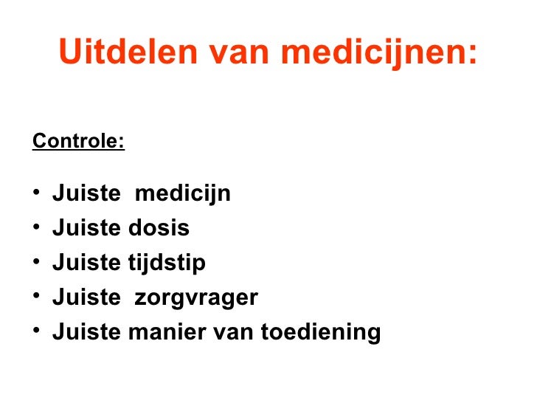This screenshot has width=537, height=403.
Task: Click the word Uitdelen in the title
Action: [x=126, y=52]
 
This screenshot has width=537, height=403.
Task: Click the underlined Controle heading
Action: [x=78, y=140]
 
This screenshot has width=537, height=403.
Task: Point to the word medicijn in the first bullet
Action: [x=183, y=194]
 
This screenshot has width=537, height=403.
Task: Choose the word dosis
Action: [x=159, y=229]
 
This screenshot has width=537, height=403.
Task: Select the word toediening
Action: [x=321, y=333]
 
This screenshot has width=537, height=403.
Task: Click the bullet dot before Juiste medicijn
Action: [x=37, y=195]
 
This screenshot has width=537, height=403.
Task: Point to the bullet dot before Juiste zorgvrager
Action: [x=37, y=298]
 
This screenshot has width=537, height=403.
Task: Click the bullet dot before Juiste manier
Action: [x=37, y=333]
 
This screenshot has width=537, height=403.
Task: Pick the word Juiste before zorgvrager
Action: [x=86, y=298]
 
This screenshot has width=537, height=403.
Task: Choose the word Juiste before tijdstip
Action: [x=86, y=263]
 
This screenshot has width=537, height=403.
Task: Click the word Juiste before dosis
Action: [x=86, y=229]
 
